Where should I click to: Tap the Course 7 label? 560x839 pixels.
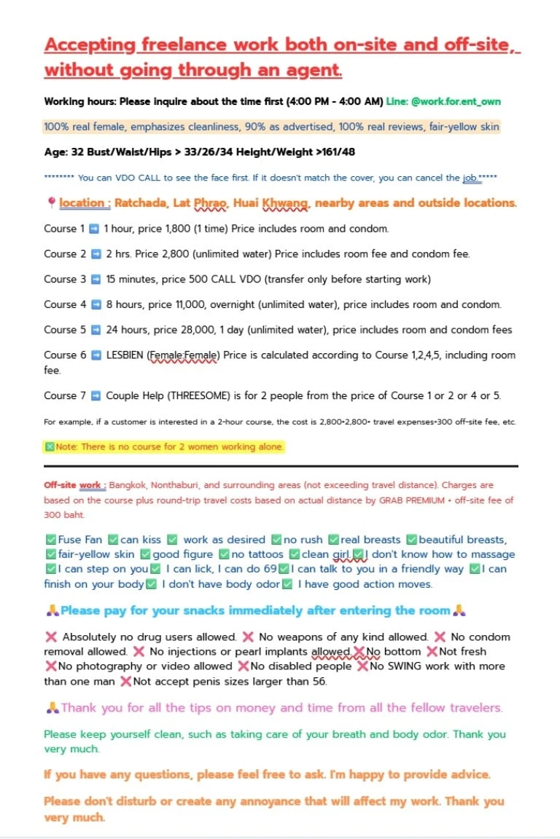point(65,395)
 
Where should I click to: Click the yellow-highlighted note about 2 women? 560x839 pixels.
point(164,446)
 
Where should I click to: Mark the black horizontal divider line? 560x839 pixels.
point(281,466)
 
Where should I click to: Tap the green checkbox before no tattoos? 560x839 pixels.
point(225,554)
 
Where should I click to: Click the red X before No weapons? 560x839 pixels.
point(248,637)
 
